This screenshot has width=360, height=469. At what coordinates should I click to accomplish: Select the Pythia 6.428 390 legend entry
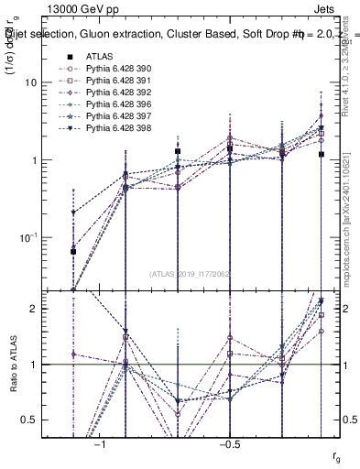point(117,68)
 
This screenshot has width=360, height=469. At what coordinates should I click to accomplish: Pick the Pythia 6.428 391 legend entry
point(117,80)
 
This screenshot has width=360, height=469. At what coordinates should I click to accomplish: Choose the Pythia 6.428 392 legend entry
point(117,92)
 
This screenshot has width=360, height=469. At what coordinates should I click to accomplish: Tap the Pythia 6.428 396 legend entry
point(117,104)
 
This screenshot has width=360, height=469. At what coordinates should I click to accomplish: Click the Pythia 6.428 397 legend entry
point(117,115)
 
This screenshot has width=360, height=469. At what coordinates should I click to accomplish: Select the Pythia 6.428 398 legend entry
point(117,127)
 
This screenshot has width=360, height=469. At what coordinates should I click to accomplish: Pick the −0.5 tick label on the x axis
point(229,442)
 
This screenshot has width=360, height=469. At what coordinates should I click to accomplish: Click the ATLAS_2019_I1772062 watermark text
point(191,274)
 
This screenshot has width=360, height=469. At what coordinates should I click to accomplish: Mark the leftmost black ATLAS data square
point(73,251)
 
